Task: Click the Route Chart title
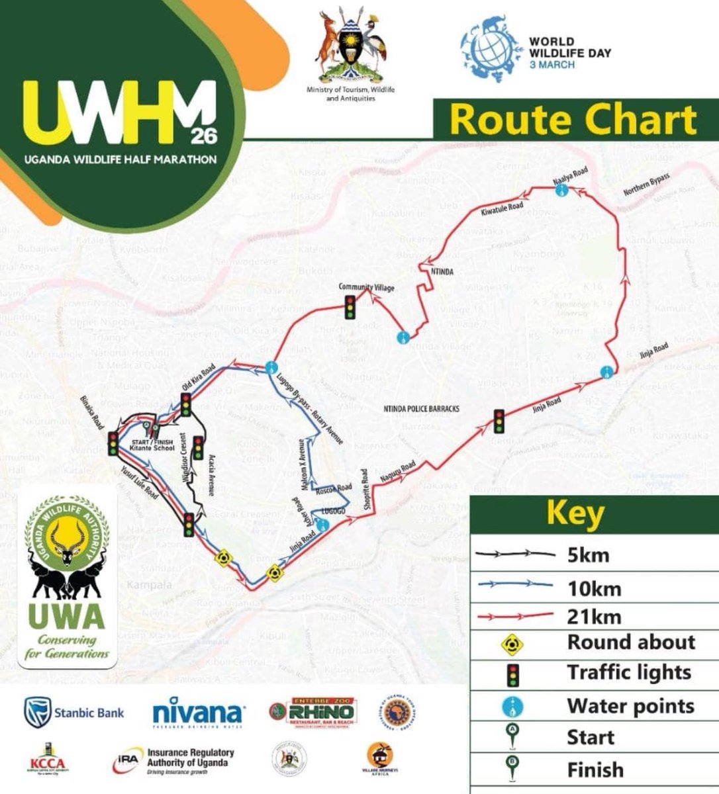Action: point(573,120)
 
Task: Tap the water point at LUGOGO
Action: point(322,525)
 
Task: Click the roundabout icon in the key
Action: point(514,642)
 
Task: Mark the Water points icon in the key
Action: point(514,706)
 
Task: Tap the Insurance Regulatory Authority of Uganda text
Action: point(191,758)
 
